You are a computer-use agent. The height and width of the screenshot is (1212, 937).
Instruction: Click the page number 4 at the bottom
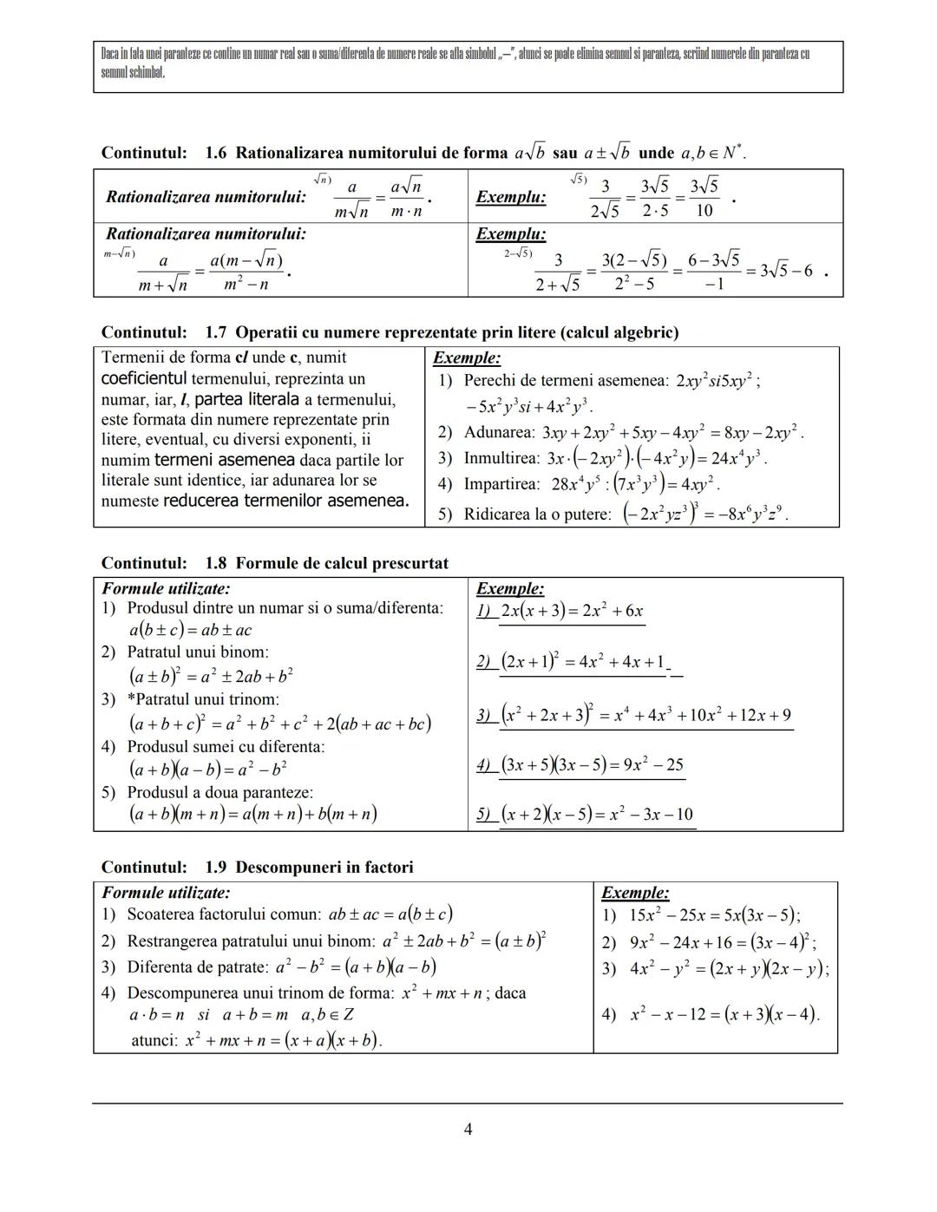point(468,1129)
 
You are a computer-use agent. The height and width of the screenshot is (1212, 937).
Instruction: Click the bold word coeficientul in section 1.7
point(144,378)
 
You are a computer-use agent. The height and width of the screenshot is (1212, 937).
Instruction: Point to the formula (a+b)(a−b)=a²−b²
point(208,769)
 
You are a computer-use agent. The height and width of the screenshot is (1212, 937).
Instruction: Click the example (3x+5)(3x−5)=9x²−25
point(592,764)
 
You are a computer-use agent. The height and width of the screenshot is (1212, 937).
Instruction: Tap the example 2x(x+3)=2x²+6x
point(572,611)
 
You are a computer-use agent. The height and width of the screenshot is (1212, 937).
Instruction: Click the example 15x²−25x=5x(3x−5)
point(715,914)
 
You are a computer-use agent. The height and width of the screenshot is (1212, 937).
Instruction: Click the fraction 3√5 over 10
point(704,198)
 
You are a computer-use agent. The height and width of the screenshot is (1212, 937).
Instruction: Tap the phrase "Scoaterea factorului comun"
point(225,914)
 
